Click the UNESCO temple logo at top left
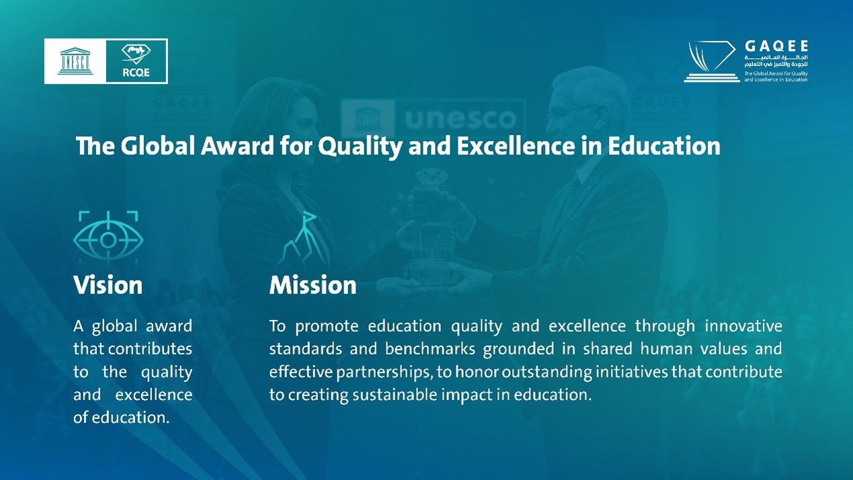coord(75,61)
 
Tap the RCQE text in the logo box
coord(136,73)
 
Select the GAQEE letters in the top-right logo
coord(776,46)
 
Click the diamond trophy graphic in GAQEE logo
coord(711,61)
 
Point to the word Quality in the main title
coord(360,147)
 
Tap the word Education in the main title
coord(663,145)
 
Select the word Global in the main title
coord(158,145)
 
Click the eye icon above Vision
coord(108,239)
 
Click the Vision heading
coord(108,285)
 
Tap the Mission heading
coord(313,285)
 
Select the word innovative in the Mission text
coord(743,326)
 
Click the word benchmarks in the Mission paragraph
coord(430,349)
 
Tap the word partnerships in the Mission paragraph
coord(384,372)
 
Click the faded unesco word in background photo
coord(460,119)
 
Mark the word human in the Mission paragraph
coord(666,349)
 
